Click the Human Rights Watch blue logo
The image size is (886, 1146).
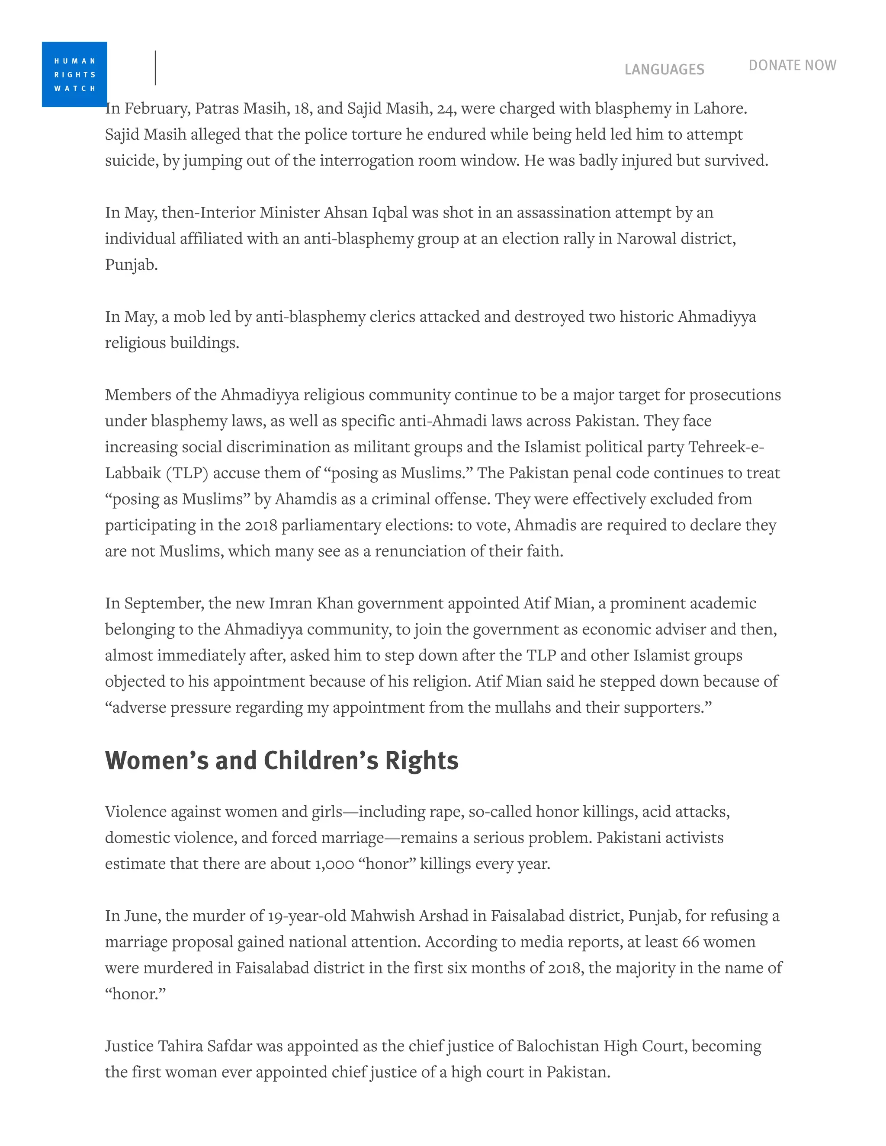(74, 74)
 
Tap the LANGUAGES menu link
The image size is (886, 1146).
(664, 69)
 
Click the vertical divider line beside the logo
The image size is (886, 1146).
(155, 68)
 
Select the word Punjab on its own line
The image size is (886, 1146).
(131, 265)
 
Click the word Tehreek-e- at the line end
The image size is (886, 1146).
(726, 447)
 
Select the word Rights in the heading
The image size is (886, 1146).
(421, 760)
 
